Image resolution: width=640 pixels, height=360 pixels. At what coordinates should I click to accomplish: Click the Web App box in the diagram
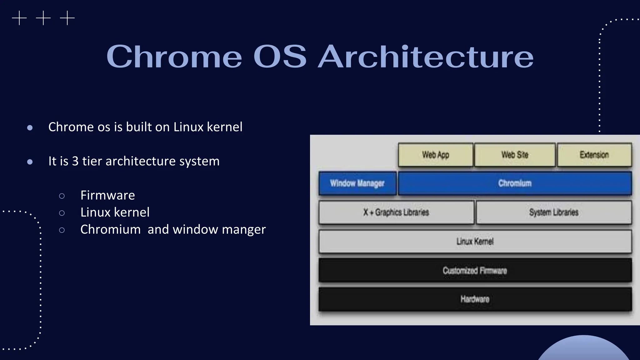click(x=435, y=155)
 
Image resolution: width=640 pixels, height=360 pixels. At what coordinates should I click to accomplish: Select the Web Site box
click(x=515, y=155)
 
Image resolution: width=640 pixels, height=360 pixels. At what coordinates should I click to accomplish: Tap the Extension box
click(x=594, y=155)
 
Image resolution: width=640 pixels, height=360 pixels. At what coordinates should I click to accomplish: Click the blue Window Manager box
click(x=357, y=183)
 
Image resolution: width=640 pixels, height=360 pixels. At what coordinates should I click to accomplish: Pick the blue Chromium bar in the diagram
click(x=515, y=183)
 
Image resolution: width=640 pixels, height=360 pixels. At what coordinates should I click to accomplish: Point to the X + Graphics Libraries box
click(x=396, y=212)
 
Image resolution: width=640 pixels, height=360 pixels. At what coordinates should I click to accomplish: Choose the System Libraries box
click(x=553, y=212)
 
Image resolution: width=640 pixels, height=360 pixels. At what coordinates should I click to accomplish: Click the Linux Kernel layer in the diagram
click(x=475, y=242)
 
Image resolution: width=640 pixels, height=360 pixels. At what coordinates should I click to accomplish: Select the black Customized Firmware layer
click(x=475, y=270)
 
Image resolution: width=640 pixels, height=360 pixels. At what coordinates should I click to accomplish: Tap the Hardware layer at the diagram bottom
click(x=475, y=299)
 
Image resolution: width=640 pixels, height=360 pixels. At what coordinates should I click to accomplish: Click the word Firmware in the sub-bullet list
click(x=107, y=195)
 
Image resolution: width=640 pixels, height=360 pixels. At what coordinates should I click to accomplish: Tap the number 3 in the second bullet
click(x=75, y=161)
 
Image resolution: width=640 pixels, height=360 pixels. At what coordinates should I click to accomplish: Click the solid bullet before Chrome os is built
click(x=30, y=127)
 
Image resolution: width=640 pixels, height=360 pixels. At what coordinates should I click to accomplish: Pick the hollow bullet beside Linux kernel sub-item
click(x=62, y=213)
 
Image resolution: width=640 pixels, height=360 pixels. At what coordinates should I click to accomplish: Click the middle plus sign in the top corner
click(x=43, y=18)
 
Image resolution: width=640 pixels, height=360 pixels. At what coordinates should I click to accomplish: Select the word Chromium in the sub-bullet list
click(x=110, y=230)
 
